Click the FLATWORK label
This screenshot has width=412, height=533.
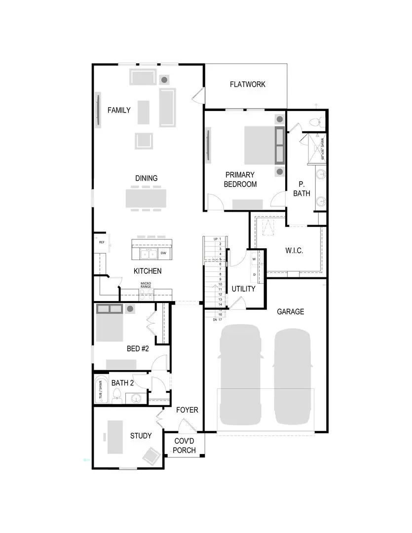point(247,84)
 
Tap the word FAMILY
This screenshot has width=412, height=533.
point(119,110)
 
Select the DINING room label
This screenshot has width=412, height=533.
point(147,178)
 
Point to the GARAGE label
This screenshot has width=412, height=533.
point(290,311)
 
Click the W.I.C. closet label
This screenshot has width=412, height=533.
point(294,251)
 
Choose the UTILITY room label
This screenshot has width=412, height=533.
point(243,289)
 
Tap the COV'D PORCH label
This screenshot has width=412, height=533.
point(184,446)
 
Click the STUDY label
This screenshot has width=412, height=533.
point(141,436)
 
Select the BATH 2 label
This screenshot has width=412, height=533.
point(122,383)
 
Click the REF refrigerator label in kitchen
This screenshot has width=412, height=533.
point(102,242)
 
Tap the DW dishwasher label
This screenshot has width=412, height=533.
point(163,253)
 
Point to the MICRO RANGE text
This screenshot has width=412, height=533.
point(146,285)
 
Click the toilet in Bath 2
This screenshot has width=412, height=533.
point(117,395)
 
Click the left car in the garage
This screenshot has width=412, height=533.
point(240,375)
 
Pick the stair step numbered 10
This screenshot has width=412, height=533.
point(219,284)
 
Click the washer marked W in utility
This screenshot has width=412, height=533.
point(254,259)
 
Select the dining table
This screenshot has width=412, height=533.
point(146,198)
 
